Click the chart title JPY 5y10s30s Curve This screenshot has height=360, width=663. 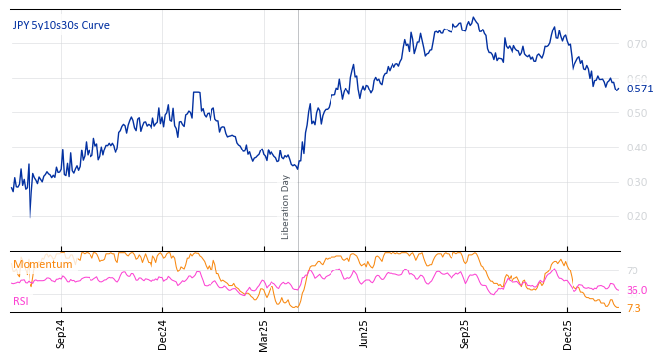[x=61, y=25]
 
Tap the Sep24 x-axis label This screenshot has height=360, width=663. [x=61, y=334]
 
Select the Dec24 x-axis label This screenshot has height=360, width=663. [x=163, y=334]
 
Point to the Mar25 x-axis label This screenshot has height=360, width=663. [x=264, y=334]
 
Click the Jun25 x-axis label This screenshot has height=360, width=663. [x=365, y=334]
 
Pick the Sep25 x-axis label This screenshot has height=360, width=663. [x=466, y=334]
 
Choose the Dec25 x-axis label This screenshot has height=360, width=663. [x=568, y=334]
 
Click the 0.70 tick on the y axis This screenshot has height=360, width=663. [x=636, y=44]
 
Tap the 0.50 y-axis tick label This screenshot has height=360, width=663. [x=636, y=113]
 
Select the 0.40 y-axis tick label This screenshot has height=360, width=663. [x=636, y=148]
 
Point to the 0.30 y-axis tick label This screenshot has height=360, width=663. [x=636, y=182]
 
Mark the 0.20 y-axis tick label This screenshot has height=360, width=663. [x=636, y=216]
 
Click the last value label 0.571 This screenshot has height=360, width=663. [x=639, y=89]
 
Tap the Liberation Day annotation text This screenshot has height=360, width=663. [x=286, y=207]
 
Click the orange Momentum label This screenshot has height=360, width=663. [x=42, y=264]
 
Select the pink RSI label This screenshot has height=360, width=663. [x=21, y=301]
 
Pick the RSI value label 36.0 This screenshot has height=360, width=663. [x=636, y=290]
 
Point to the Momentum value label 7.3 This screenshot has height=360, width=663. [x=633, y=308]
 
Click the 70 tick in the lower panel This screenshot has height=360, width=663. [x=633, y=270]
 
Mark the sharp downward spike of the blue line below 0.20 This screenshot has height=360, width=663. [x=30, y=216]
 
